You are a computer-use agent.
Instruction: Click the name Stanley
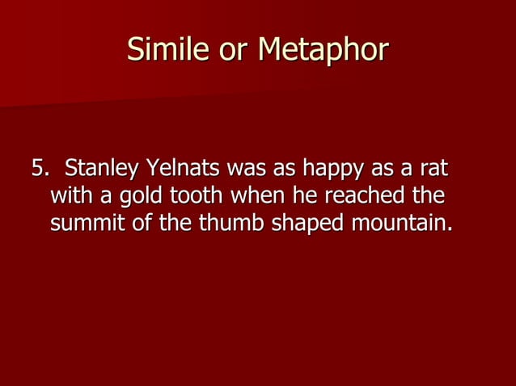99,170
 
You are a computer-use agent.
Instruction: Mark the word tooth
197,196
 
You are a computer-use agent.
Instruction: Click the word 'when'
262,196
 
